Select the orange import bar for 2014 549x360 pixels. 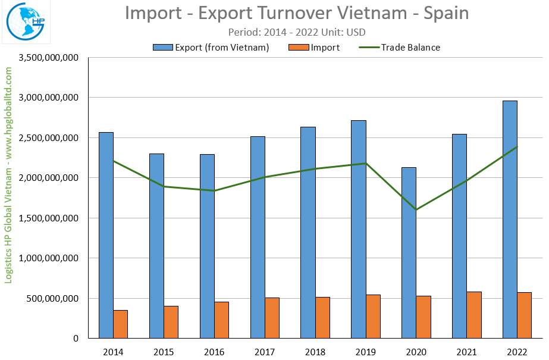(121, 324)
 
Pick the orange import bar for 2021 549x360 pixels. (474, 315)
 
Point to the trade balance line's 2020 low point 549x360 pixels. (416, 209)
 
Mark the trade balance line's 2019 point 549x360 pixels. (366, 163)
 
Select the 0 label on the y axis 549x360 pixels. (76, 339)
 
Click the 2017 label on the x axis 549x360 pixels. (265, 352)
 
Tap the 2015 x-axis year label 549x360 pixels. (164, 352)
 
